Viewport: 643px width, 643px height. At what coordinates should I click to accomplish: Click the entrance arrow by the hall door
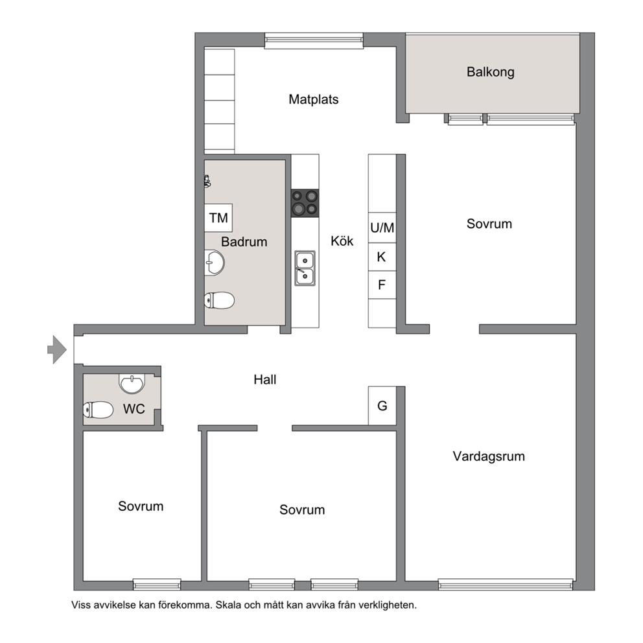[x=57, y=350]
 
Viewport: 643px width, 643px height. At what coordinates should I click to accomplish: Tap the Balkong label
[x=491, y=72]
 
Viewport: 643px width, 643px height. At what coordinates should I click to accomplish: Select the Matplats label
[x=314, y=99]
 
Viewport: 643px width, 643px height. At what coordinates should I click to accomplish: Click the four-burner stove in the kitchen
[x=305, y=203]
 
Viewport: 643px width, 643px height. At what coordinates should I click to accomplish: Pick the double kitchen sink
[x=305, y=268]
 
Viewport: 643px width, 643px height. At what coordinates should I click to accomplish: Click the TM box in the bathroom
[x=218, y=218]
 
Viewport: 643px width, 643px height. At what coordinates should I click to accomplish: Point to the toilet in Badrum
[x=219, y=301]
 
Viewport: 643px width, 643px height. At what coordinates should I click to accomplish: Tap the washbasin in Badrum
[x=215, y=263]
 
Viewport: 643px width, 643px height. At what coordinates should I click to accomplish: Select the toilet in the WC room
[x=99, y=410]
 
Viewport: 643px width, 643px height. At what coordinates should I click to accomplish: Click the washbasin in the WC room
[x=132, y=383]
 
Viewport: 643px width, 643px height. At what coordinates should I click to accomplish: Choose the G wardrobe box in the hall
[x=382, y=406]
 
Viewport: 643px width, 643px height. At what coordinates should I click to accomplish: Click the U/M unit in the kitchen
[x=382, y=228]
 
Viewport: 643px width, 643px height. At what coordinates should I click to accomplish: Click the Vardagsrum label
[x=489, y=456]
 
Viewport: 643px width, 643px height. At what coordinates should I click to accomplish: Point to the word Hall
[x=265, y=380]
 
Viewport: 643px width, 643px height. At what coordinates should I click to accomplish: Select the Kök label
[x=342, y=240]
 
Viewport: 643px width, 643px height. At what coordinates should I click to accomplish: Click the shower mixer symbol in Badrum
[x=207, y=181]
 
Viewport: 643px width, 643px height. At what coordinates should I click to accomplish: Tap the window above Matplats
[x=314, y=41]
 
